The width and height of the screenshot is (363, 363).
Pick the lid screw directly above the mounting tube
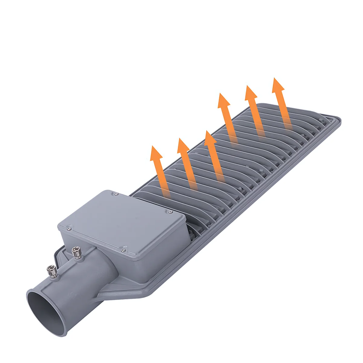[123, 250]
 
